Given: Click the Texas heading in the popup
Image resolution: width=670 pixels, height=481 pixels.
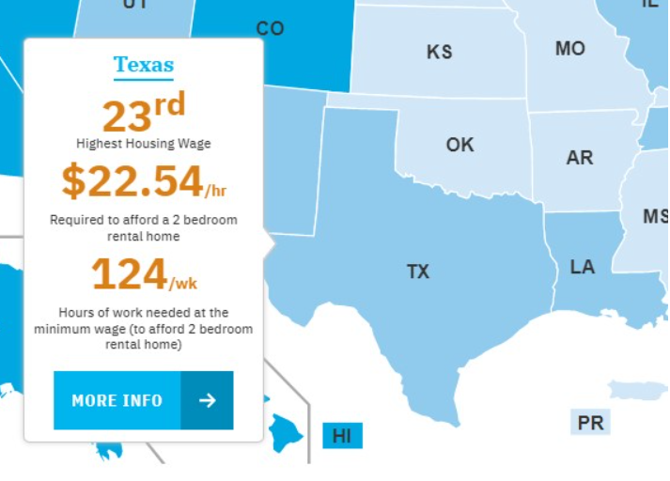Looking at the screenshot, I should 144,65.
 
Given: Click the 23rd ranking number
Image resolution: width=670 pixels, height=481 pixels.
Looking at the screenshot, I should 143,114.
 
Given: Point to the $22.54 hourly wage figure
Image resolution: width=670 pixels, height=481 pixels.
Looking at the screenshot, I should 132,181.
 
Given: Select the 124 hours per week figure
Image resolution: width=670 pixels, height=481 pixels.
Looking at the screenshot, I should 129,274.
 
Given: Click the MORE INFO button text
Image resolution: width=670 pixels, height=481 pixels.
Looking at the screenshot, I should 117,400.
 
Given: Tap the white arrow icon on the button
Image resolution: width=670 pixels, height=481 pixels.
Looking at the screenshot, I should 208,400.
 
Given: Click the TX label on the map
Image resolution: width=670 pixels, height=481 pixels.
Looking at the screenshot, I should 418,272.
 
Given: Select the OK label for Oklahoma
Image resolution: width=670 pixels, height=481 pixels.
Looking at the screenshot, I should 460,145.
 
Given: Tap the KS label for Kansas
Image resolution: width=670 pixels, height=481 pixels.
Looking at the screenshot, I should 439,52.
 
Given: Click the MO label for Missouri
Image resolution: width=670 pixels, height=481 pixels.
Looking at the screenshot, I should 569,48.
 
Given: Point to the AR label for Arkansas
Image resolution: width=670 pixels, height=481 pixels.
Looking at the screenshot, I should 580,157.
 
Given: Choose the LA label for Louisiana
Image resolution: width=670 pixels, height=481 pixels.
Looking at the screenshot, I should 583,267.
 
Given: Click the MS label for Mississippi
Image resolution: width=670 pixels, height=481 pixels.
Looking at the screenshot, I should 655,216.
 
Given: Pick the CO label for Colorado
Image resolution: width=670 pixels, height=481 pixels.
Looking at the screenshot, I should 270,28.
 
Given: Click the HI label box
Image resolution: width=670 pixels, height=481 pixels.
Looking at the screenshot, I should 342,436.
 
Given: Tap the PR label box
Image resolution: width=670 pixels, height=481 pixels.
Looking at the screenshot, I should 590,423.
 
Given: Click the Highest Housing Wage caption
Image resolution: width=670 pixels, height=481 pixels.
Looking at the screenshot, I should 143,144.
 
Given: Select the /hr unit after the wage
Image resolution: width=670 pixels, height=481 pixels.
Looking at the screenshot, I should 216,191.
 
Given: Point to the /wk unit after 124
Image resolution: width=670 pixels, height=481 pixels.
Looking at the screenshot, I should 183,283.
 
